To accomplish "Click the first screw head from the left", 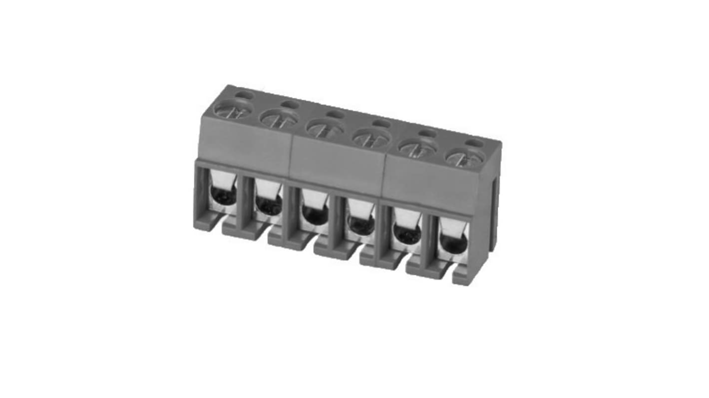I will (233, 109).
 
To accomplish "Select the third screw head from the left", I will (325, 128).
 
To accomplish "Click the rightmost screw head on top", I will (464, 158).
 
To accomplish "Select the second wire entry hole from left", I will (269, 204).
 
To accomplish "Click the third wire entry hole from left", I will (315, 214).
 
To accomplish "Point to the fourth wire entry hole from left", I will (361, 224).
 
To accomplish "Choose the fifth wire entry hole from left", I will (407, 233).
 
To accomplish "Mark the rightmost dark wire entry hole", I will (453, 243).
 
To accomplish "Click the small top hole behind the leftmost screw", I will (244, 94).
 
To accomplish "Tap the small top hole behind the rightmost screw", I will (474, 143).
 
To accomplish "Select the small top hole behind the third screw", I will (336, 114).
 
